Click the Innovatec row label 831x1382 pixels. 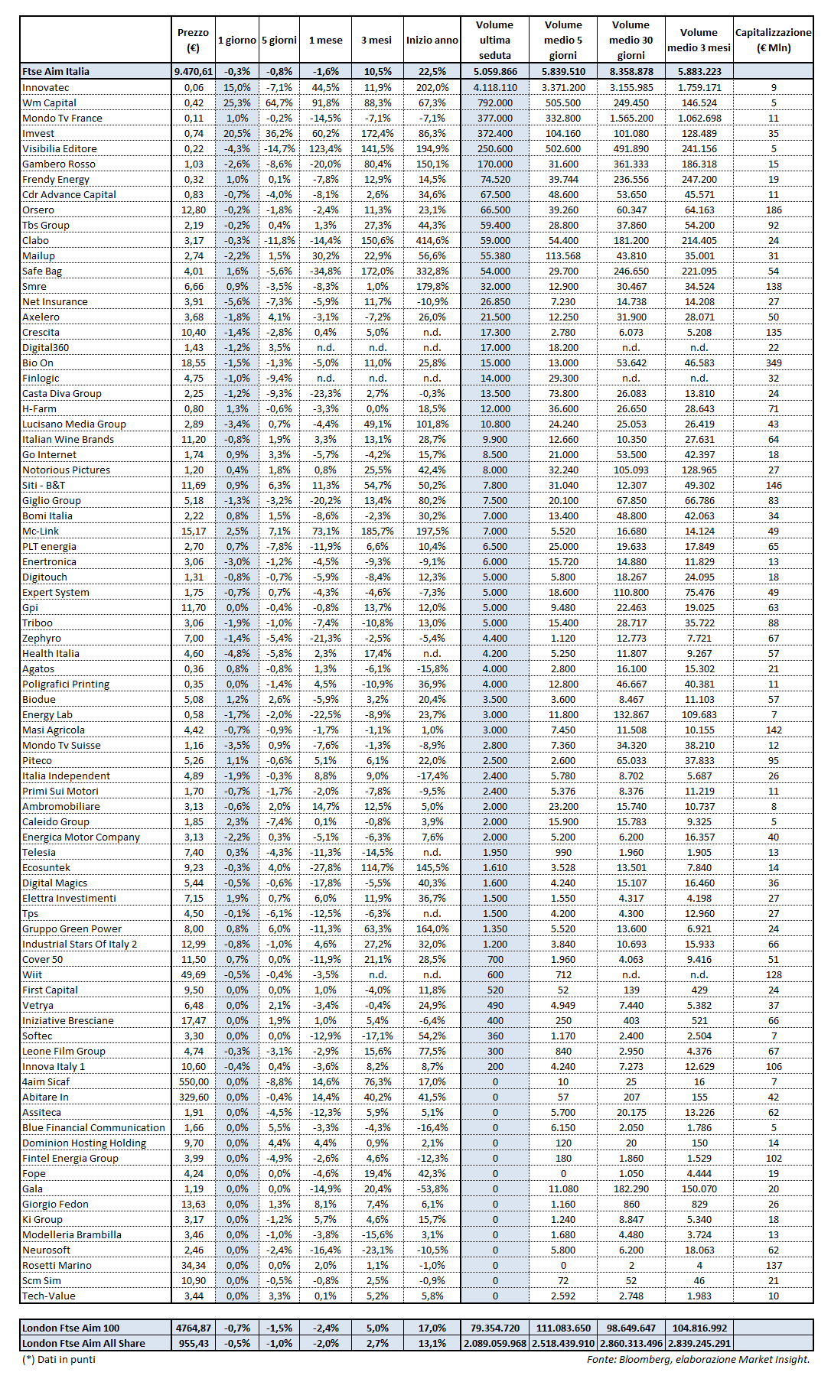[46, 88]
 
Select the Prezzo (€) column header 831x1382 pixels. [193, 40]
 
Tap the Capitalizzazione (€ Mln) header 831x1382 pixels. [773, 40]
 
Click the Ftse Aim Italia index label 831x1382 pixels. [56, 71]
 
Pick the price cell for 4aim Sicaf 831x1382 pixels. [194, 1082]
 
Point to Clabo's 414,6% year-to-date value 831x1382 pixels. [432, 241]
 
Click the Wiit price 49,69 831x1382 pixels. [194, 975]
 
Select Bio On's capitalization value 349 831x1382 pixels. [774, 363]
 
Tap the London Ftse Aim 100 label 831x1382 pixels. [71, 1328]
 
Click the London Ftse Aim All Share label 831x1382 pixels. [83, 1344]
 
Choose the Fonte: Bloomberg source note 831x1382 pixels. [698, 1359]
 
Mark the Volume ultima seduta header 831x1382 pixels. [494, 40]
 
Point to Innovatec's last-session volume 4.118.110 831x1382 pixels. [495, 88]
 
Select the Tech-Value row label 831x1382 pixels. [49, 1296]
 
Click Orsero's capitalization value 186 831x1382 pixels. [774, 210]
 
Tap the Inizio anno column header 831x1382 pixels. [432, 40]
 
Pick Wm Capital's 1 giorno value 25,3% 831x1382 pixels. [237, 103]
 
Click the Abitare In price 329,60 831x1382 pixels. [194, 1097]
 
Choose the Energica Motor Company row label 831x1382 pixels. [81, 837]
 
